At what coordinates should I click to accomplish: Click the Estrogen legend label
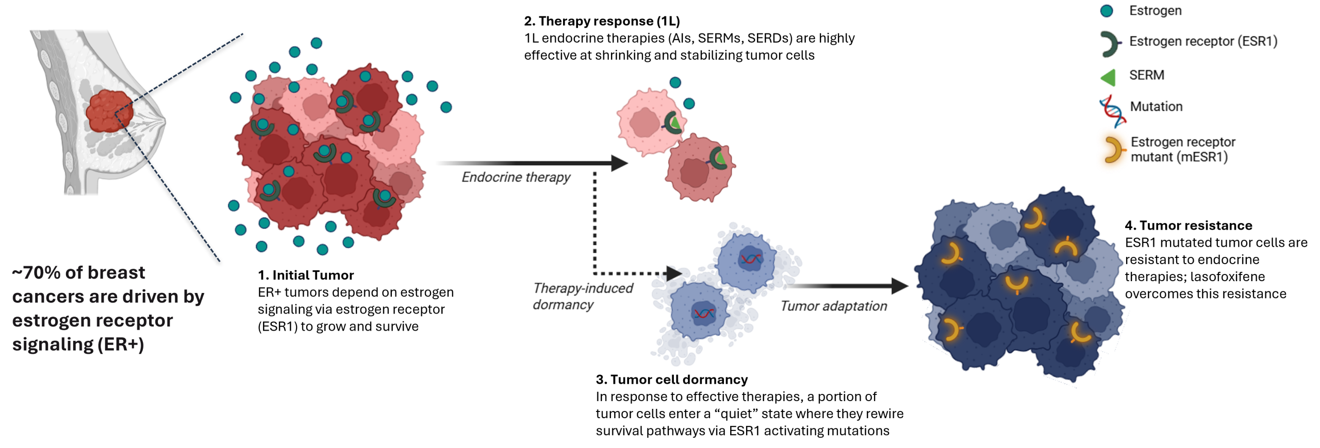pos(1155,11)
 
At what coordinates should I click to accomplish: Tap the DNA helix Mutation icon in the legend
pos(1113,111)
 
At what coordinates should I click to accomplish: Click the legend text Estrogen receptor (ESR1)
pos(1203,41)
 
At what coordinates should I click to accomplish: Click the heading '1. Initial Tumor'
pos(306,275)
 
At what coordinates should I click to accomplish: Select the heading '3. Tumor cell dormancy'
pos(671,380)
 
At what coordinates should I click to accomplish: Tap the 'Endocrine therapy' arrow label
pos(516,177)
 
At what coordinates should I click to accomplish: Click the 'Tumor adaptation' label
pos(833,306)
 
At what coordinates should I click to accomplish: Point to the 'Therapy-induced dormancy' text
pos(583,296)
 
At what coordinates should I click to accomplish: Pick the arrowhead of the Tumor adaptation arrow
pos(899,286)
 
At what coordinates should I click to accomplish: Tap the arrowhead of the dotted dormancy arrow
pos(674,273)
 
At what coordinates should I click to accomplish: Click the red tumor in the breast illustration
pos(109,111)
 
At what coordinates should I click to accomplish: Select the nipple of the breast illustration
pos(164,122)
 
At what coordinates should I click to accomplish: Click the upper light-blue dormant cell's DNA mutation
pos(751,259)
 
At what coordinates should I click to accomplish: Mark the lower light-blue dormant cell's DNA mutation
pos(703,313)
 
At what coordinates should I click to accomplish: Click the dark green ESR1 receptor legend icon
pos(1110,44)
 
